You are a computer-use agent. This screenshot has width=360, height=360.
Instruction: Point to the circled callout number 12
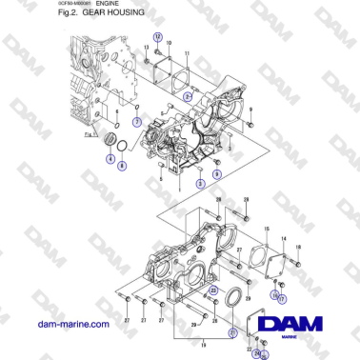[158, 35]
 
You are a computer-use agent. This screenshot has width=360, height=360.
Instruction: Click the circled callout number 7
[138, 123]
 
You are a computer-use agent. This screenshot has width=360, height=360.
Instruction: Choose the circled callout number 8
[121, 165]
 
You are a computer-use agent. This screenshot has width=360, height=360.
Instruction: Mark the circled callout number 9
[216, 174]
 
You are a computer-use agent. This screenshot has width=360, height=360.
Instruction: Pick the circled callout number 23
[213, 290]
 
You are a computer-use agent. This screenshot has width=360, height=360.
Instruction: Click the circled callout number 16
[273, 294]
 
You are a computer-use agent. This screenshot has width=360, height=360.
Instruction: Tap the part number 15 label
[266, 229]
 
